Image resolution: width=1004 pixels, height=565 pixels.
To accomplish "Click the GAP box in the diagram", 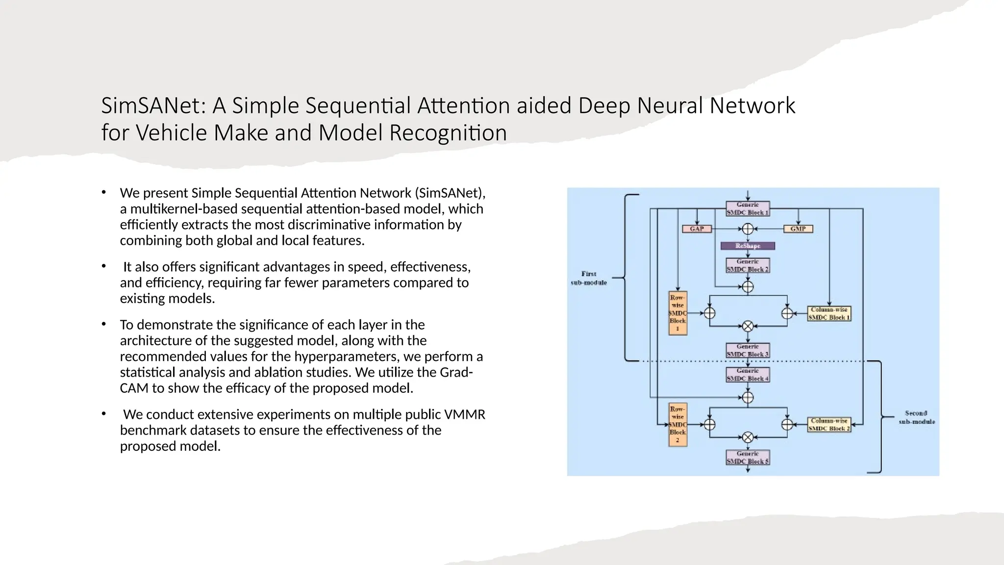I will tap(697, 229).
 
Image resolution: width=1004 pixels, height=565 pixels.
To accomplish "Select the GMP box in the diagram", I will tap(798, 229).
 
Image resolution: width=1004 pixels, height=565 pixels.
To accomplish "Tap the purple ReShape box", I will tap(748, 246).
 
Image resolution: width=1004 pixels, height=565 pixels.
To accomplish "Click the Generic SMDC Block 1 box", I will tap(748, 208).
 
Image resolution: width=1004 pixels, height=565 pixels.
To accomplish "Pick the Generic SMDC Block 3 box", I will tap(748, 350).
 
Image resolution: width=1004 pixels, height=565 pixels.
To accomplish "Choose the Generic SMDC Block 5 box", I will tap(748, 458).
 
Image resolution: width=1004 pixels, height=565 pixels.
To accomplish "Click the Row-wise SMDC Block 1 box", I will tap(678, 313).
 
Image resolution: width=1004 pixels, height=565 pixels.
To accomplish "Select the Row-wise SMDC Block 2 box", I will tap(678, 425).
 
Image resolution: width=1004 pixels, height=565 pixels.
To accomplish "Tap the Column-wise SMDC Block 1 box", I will tap(829, 313).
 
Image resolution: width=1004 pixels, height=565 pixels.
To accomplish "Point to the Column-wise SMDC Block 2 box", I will tap(829, 425).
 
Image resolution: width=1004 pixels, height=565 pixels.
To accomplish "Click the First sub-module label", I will tap(589, 278).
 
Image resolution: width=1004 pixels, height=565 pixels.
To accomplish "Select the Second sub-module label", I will tap(916, 417).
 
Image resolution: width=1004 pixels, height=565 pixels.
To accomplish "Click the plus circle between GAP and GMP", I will tap(748, 229).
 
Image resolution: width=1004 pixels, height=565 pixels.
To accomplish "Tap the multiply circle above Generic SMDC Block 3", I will tap(748, 326).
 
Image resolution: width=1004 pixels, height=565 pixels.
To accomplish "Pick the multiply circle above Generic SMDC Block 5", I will tap(748, 437).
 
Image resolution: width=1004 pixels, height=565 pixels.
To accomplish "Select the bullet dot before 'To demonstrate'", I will tap(104, 324).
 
